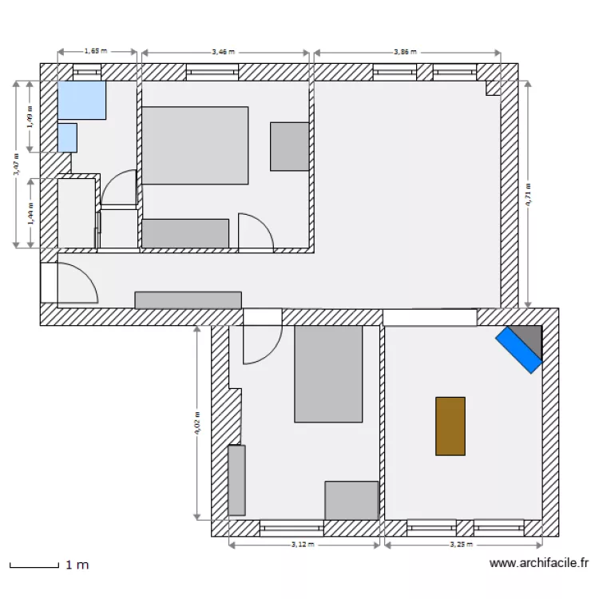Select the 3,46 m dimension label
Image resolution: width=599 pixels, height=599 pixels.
[224, 51]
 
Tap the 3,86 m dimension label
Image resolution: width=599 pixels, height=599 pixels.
[406, 51]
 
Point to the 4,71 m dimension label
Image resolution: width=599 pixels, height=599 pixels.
[528, 194]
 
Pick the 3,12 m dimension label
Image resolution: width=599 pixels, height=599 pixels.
[303, 545]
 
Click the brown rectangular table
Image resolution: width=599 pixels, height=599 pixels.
[450, 426]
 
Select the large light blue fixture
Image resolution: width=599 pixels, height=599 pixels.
[82, 100]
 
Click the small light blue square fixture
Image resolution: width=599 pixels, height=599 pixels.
[67, 137]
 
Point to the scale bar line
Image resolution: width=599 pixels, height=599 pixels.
[33, 566]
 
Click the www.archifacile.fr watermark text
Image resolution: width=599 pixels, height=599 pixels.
[538, 564]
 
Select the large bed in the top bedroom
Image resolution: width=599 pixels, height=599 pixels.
[195, 145]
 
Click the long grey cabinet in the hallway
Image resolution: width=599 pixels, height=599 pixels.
[188, 299]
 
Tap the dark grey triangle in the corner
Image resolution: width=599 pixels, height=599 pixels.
[530, 335]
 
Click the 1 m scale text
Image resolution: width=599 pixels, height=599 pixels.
[77, 565]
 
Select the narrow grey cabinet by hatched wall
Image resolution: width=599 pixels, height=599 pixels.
[236, 480]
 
